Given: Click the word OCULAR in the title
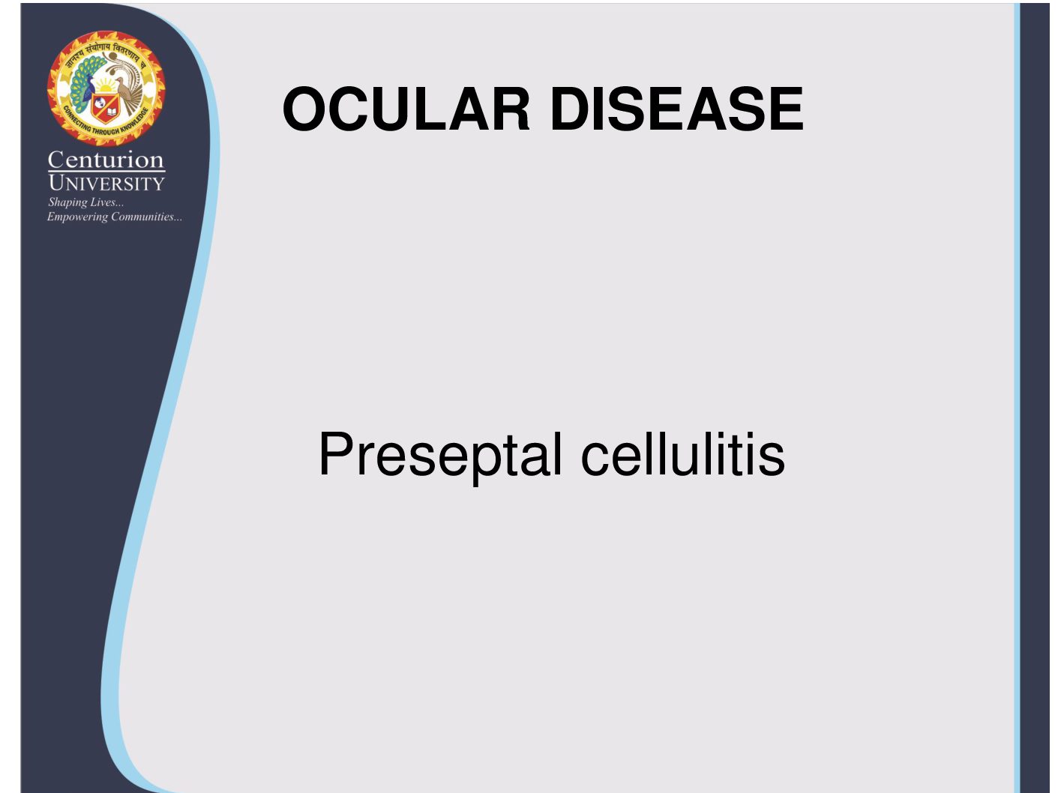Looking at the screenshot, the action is tap(406, 109).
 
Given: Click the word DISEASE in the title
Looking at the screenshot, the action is tap(677, 109).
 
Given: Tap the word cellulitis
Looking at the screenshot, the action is tap(683, 453).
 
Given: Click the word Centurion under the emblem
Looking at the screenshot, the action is tap(106, 160).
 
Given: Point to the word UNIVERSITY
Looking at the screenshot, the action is tap(106, 184).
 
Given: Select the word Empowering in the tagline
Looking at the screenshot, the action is tap(77, 217).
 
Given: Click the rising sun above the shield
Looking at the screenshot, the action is tap(106, 85).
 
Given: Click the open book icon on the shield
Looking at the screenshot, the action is tap(112, 112).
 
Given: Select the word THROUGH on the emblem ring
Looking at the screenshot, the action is tap(105, 131).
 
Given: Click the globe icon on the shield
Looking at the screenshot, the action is tap(100, 103).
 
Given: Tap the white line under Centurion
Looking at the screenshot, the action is tap(106, 171).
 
